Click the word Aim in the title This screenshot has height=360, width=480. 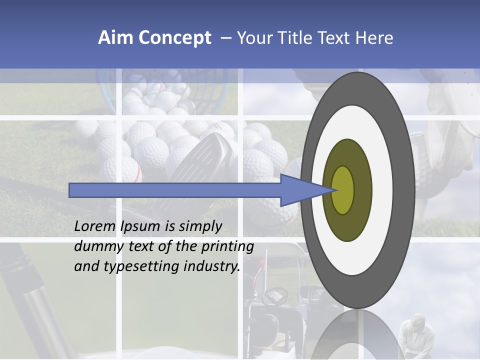(x=115, y=38)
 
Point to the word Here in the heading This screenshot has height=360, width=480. (x=375, y=38)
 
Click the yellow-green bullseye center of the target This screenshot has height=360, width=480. (x=343, y=190)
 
